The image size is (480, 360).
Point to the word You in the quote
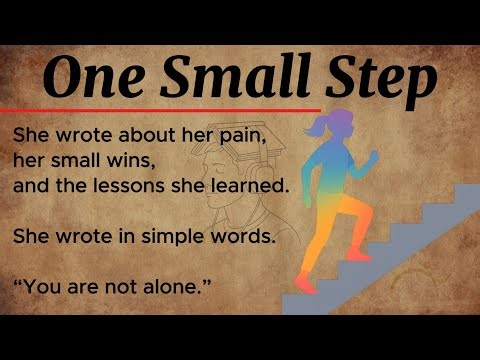43,288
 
